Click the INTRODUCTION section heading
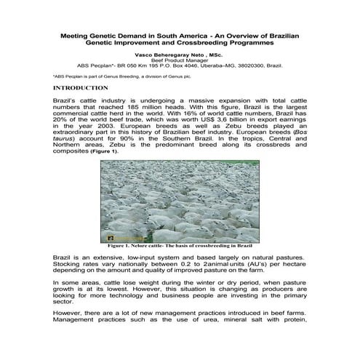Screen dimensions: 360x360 (x=82, y=87)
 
